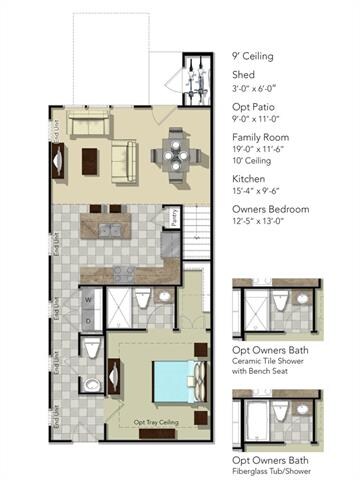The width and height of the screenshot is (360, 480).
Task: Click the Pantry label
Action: coord(175,218)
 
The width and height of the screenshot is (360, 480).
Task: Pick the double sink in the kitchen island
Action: coord(107,229)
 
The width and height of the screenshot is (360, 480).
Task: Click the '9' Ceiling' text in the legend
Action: coord(253,57)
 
